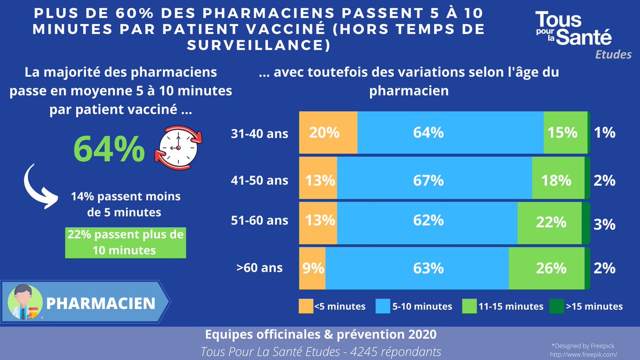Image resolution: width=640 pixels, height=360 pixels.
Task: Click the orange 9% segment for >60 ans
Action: [x=312, y=267]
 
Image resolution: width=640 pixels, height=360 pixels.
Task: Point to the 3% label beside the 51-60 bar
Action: [x=604, y=224]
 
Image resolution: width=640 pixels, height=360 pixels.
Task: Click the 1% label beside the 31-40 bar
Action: [x=604, y=133]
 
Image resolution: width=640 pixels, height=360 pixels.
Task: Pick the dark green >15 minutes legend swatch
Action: [x=556, y=306]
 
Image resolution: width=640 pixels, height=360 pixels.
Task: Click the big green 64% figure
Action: [x=109, y=149]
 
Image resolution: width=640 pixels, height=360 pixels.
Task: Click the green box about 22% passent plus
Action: [x=125, y=243]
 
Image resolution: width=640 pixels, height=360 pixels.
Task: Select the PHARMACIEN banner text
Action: [x=101, y=303]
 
